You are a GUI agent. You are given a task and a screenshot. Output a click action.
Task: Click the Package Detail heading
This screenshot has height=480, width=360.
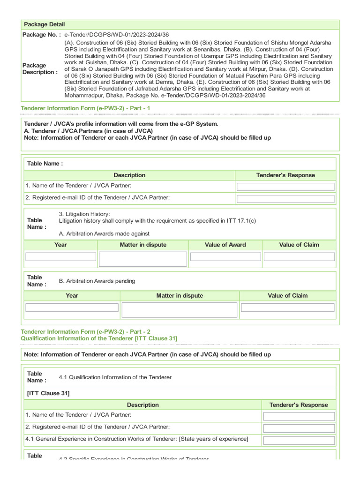coord(45,24)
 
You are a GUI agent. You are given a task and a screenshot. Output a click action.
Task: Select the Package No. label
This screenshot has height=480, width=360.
coord(42,35)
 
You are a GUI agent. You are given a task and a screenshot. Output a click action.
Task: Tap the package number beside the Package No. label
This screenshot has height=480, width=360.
coord(116,35)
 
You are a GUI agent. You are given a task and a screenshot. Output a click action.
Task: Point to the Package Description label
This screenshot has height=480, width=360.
coord(40,69)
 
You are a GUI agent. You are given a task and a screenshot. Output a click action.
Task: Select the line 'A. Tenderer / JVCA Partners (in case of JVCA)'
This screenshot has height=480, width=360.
coord(88,131)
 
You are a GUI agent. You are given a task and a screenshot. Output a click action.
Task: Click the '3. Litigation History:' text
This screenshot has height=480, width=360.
coord(84,214)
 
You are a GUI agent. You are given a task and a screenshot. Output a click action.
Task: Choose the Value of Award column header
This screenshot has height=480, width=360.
coord(225,245)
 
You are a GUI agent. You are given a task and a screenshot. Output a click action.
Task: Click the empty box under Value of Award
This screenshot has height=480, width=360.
coord(225,257)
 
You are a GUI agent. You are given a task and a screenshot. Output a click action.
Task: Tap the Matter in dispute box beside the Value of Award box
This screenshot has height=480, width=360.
coord(143,259)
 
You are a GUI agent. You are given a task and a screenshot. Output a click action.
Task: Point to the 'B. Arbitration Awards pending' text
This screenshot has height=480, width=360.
coord(97,281)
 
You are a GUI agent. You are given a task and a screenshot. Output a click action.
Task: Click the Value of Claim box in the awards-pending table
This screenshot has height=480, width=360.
coord(287,307)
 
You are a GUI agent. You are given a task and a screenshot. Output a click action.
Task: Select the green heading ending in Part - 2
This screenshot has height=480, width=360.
coord(86,331)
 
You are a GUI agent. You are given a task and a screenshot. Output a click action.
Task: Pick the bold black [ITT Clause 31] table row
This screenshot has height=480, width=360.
coord(48,393)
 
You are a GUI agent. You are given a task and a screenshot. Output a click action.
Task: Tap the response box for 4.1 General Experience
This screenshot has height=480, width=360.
coord(299,441)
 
